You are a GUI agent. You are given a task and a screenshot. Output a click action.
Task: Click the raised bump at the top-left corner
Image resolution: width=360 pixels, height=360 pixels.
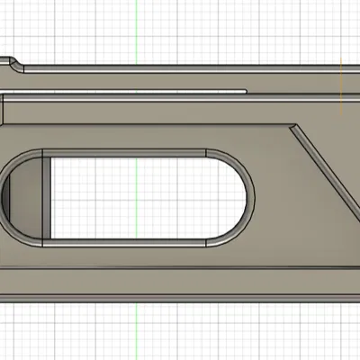(13, 63)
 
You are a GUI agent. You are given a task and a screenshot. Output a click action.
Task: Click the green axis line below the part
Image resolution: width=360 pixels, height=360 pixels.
(135, 333)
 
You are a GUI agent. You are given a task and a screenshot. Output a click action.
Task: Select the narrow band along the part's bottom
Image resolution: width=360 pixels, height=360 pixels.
(180, 286)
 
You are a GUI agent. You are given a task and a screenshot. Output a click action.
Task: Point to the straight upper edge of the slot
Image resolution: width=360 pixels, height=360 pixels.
(135, 146)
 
